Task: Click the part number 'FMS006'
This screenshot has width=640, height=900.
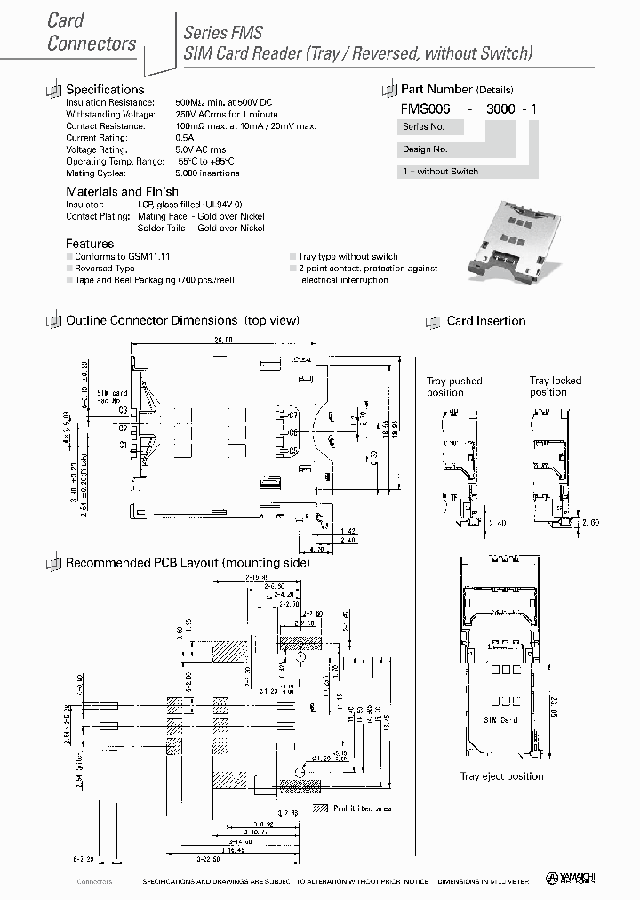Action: coord(426,108)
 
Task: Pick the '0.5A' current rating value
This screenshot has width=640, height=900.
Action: coord(184,138)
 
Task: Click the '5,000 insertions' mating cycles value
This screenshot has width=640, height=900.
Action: coord(207,173)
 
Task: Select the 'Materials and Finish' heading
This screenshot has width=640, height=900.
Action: coord(122,191)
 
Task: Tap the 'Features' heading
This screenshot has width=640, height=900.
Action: coord(90,244)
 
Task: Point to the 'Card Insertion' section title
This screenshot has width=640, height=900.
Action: coord(485,321)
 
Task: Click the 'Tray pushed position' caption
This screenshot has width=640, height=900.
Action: coord(453,387)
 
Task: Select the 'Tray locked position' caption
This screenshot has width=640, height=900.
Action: coord(556,386)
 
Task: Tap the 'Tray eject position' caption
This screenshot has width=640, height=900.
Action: coord(501,776)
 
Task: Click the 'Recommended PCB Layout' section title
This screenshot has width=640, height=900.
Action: coord(188,563)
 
